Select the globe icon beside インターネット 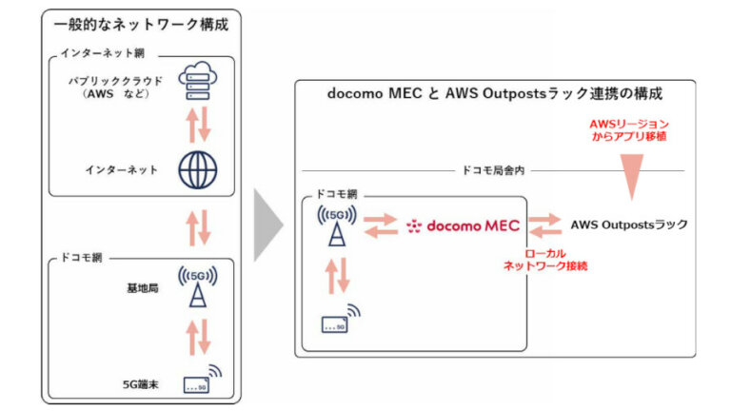coord(197,169)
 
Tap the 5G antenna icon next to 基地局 coord(197,285)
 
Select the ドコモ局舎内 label coord(493,170)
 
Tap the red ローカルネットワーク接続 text coord(545,261)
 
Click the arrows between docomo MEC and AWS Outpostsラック coord(545,226)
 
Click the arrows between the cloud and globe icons coord(197,124)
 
